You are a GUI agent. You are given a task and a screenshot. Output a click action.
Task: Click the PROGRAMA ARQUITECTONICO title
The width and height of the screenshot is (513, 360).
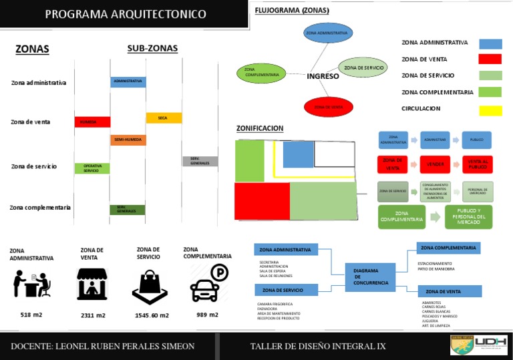(x=126, y=14)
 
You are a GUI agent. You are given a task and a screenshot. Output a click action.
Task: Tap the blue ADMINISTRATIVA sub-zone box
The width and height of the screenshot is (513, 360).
(x=128, y=81)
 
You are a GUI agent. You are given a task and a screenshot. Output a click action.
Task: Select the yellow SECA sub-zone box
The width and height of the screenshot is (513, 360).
(x=164, y=118)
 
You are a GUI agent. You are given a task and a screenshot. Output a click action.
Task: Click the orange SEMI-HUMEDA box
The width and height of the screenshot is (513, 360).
(x=128, y=140)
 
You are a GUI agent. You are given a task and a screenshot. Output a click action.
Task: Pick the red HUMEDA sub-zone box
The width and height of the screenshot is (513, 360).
(x=92, y=122)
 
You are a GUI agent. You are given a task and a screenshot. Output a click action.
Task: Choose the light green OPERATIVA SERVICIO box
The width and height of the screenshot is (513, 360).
(x=92, y=168)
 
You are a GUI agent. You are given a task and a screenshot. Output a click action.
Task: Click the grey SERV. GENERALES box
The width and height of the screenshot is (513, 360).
(x=200, y=161)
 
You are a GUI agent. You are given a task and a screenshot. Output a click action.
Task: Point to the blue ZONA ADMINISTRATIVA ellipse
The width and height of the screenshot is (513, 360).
(x=327, y=32)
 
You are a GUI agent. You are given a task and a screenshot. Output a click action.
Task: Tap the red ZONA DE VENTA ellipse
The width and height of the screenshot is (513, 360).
(x=328, y=106)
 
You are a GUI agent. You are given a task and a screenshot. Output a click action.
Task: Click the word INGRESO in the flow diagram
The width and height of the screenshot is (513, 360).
(x=323, y=76)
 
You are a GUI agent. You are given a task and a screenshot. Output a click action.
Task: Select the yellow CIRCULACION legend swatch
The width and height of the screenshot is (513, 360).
(x=490, y=109)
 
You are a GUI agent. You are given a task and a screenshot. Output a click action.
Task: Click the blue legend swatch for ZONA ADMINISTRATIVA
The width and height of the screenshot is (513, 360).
(x=490, y=43)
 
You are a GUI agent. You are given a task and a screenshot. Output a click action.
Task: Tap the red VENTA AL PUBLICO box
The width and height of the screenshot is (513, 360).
(x=477, y=164)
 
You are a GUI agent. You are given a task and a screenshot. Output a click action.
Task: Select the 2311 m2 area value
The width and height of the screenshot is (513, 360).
(x=93, y=315)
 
